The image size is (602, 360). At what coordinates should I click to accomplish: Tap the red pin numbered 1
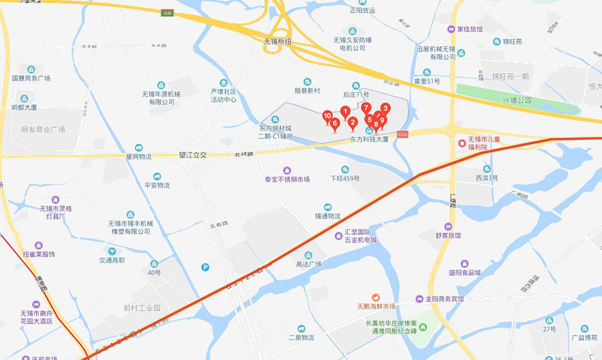pos(345,111)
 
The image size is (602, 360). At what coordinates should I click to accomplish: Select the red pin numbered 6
pos(334,123)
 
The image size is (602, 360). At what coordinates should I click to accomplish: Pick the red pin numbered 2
pos(353,122)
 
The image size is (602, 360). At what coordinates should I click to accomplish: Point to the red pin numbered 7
pos(367,107)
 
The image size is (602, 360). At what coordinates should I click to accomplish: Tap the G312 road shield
pos(402,134)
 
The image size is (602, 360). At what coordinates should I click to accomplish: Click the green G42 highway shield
pos(167,12)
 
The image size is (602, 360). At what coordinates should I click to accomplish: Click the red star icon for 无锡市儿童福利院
pos(461,143)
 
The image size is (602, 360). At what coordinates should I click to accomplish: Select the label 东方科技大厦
pos(369,139)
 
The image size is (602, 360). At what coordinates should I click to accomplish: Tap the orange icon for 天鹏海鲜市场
pos(376,296)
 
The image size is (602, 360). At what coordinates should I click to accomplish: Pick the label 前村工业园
pos(142,308)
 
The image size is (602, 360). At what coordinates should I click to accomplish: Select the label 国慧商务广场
pos(31,78)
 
